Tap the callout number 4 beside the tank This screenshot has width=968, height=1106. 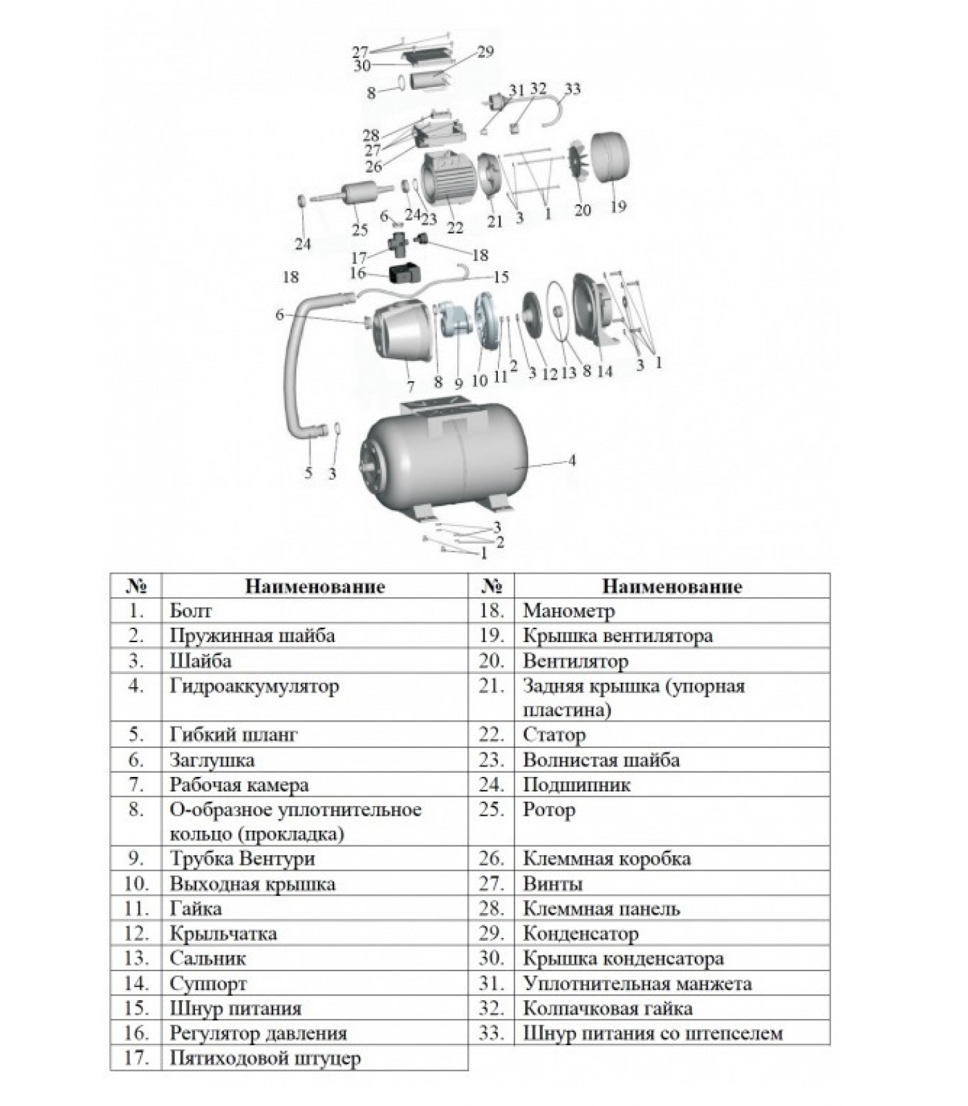[572, 460]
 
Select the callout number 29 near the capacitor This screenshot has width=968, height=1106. [485, 52]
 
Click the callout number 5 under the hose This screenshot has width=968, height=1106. [308, 473]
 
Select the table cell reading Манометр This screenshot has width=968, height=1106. [568, 611]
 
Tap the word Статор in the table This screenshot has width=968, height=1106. [554, 735]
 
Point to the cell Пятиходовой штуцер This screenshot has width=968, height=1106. [266, 1058]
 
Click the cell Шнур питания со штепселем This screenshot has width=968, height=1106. [653, 1033]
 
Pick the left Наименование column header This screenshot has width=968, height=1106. [315, 587]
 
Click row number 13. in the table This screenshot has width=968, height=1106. [136, 959]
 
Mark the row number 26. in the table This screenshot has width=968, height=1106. [491, 859]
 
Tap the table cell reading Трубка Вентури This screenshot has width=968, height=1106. [242, 859]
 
